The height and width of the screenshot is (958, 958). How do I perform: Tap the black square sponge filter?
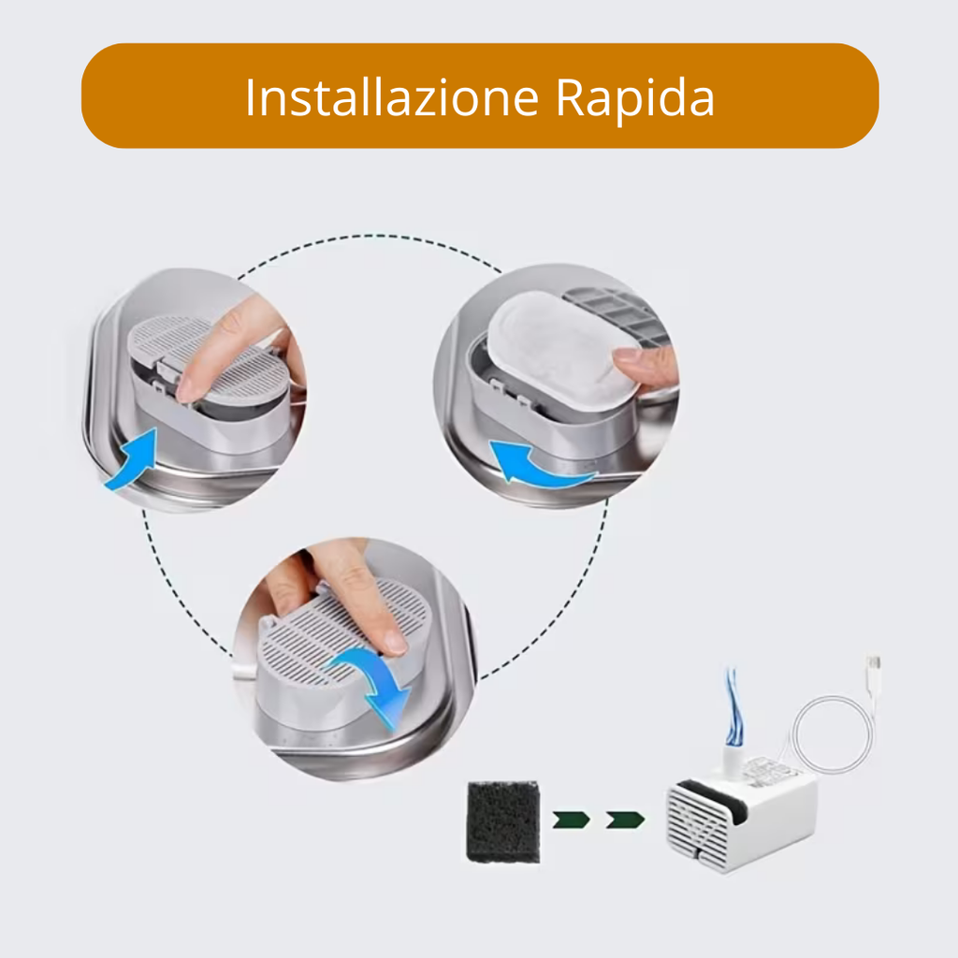point(502,821)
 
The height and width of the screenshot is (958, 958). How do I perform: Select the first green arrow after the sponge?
point(571,820)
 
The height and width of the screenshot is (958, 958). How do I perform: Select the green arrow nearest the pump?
point(625,820)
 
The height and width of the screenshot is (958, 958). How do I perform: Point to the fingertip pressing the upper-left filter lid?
point(191,389)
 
